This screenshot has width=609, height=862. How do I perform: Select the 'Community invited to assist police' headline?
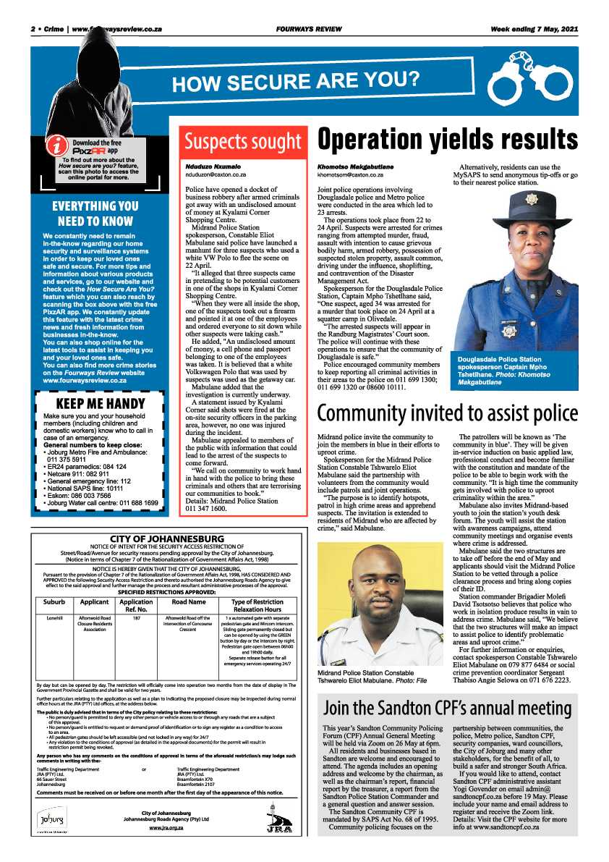coord(448,413)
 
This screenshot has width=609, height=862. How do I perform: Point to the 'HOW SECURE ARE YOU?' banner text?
coord(295,82)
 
